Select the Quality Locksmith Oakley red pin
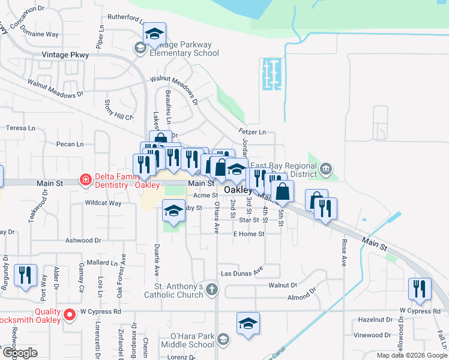(x=70, y=313)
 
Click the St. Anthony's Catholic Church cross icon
(x=211, y=290)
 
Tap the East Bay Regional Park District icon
(x=326, y=167)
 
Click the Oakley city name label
(x=238, y=190)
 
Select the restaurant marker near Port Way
(x=25, y=275)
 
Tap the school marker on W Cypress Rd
(x=248, y=323)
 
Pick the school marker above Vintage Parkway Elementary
(x=154, y=35)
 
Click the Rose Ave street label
(x=345, y=253)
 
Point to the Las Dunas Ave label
(x=242, y=273)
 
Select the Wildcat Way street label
(x=103, y=203)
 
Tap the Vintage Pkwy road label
(x=65, y=55)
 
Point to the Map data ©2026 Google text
(x=411, y=355)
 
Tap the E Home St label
(x=249, y=234)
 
